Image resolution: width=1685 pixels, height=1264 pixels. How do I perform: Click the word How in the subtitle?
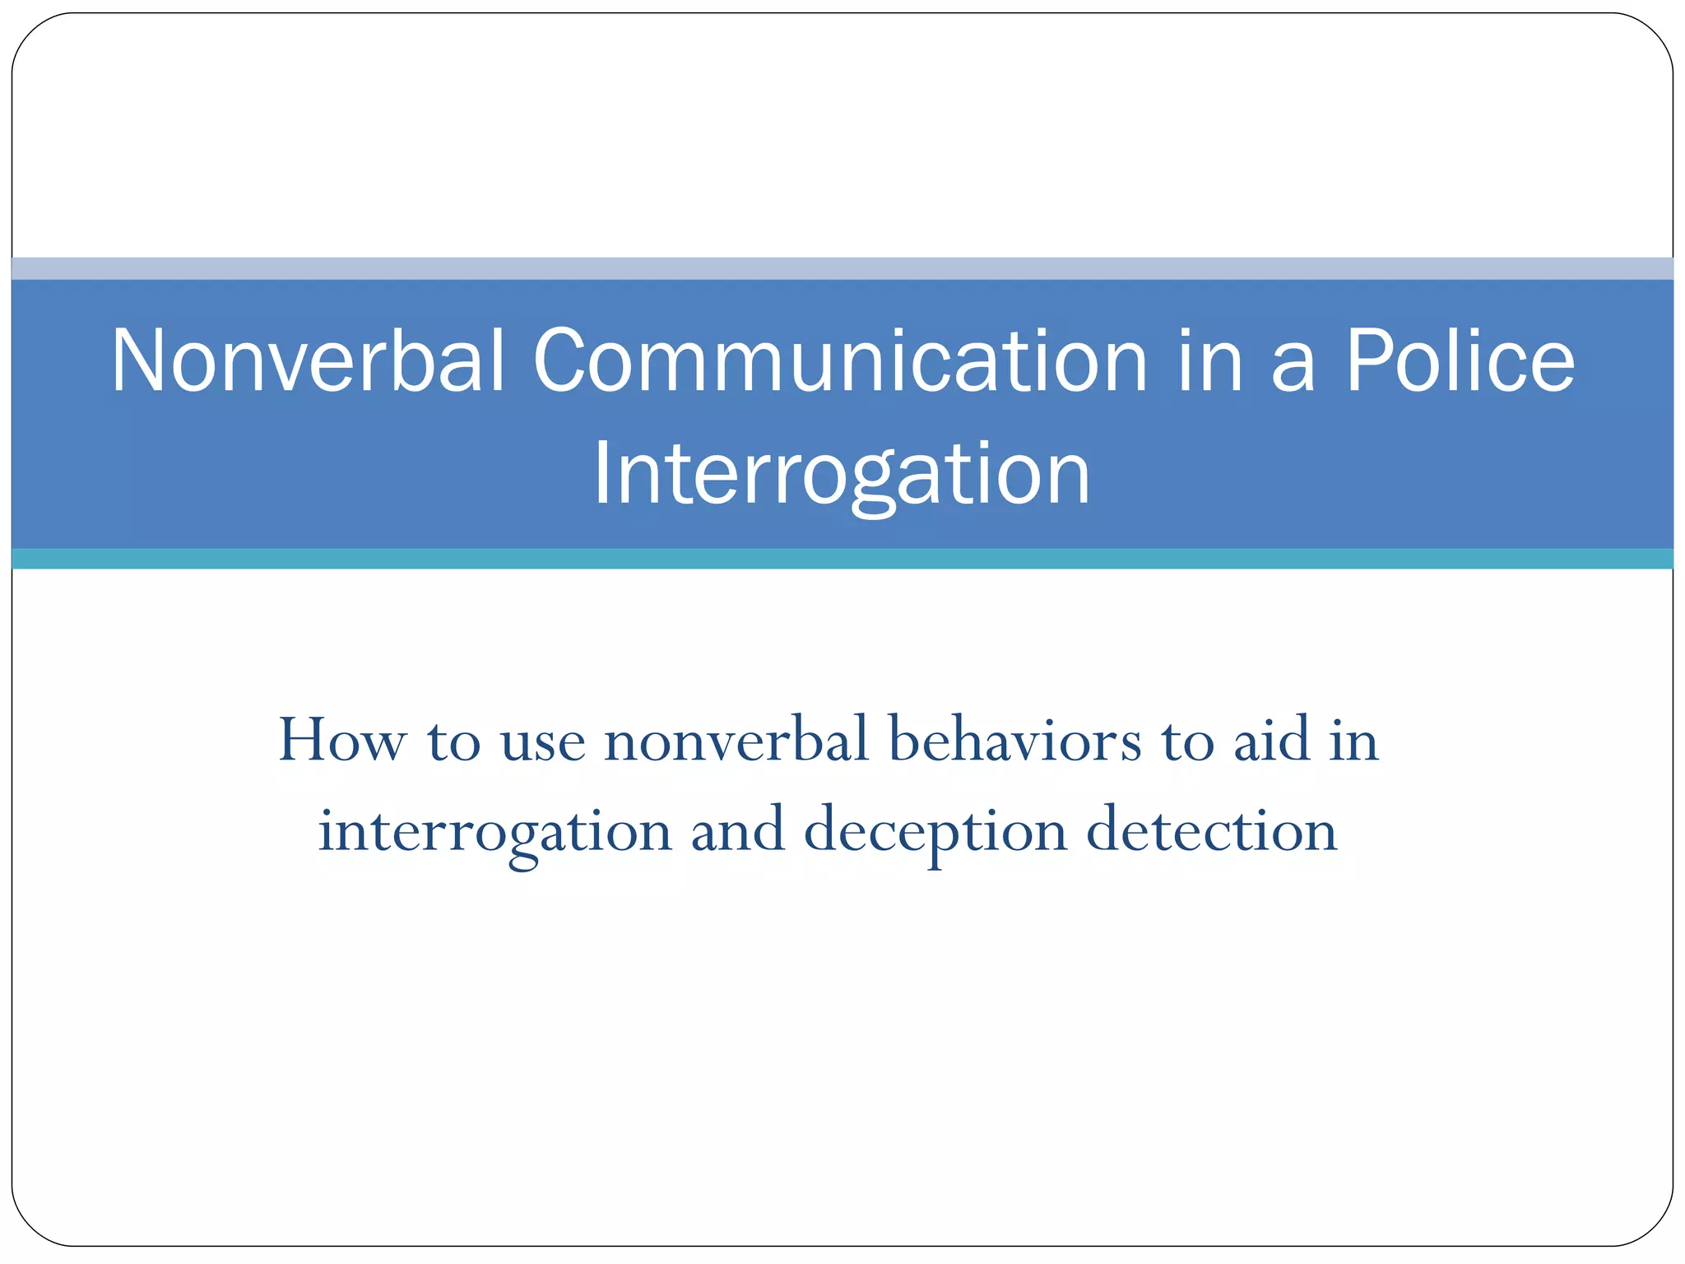(341, 740)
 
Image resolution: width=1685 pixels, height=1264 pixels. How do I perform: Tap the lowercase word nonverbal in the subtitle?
(736, 740)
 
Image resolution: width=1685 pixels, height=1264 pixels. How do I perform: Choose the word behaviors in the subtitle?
(1015, 740)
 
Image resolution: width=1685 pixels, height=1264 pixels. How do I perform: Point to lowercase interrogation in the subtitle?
(495, 832)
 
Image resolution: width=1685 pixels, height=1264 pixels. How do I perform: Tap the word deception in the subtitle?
(935, 832)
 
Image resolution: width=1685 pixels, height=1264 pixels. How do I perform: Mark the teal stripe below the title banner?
(842, 559)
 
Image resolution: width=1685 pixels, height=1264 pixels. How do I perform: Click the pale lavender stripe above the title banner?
(842, 268)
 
